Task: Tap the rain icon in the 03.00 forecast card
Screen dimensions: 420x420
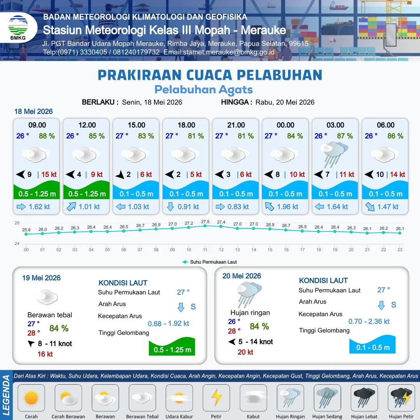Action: point(334,154)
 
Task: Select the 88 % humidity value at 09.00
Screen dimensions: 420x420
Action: point(47,136)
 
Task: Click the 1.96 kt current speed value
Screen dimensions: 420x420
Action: point(287,207)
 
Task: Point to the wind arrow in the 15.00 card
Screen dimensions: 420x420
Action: point(120,175)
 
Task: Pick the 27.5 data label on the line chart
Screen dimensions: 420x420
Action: point(205,222)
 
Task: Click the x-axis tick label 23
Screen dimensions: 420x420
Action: point(400,250)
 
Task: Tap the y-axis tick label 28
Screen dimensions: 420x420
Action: point(17,223)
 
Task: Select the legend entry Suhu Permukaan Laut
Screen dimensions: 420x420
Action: point(210,262)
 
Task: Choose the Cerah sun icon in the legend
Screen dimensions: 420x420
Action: point(31,397)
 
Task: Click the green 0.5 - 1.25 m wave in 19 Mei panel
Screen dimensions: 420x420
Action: point(172,346)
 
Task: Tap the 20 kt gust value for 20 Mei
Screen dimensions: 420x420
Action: point(245,352)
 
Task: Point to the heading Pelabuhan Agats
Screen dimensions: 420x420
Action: point(203,90)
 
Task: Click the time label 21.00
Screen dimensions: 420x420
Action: point(236,125)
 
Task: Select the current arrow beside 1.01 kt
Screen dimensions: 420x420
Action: point(71,207)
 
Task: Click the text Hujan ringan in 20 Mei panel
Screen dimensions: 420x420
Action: point(250,313)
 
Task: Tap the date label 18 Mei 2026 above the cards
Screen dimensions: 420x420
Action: point(33,112)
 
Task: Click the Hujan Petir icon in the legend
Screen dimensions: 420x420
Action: point(401,397)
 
